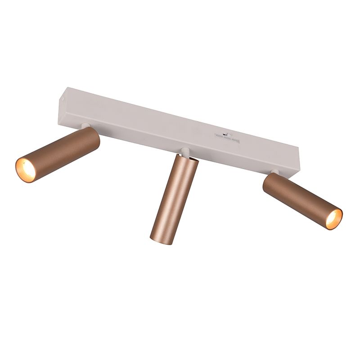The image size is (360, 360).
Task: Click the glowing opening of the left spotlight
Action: pyautogui.click(x=26, y=170)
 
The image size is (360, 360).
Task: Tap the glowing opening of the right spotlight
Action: pyautogui.click(x=333, y=219)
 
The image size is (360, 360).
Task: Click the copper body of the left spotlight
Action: pyautogui.click(x=63, y=151)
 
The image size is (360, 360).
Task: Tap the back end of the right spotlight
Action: pyautogui.click(x=269, y=182)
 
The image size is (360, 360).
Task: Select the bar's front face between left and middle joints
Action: pyautogui.click(x=135, y=133)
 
